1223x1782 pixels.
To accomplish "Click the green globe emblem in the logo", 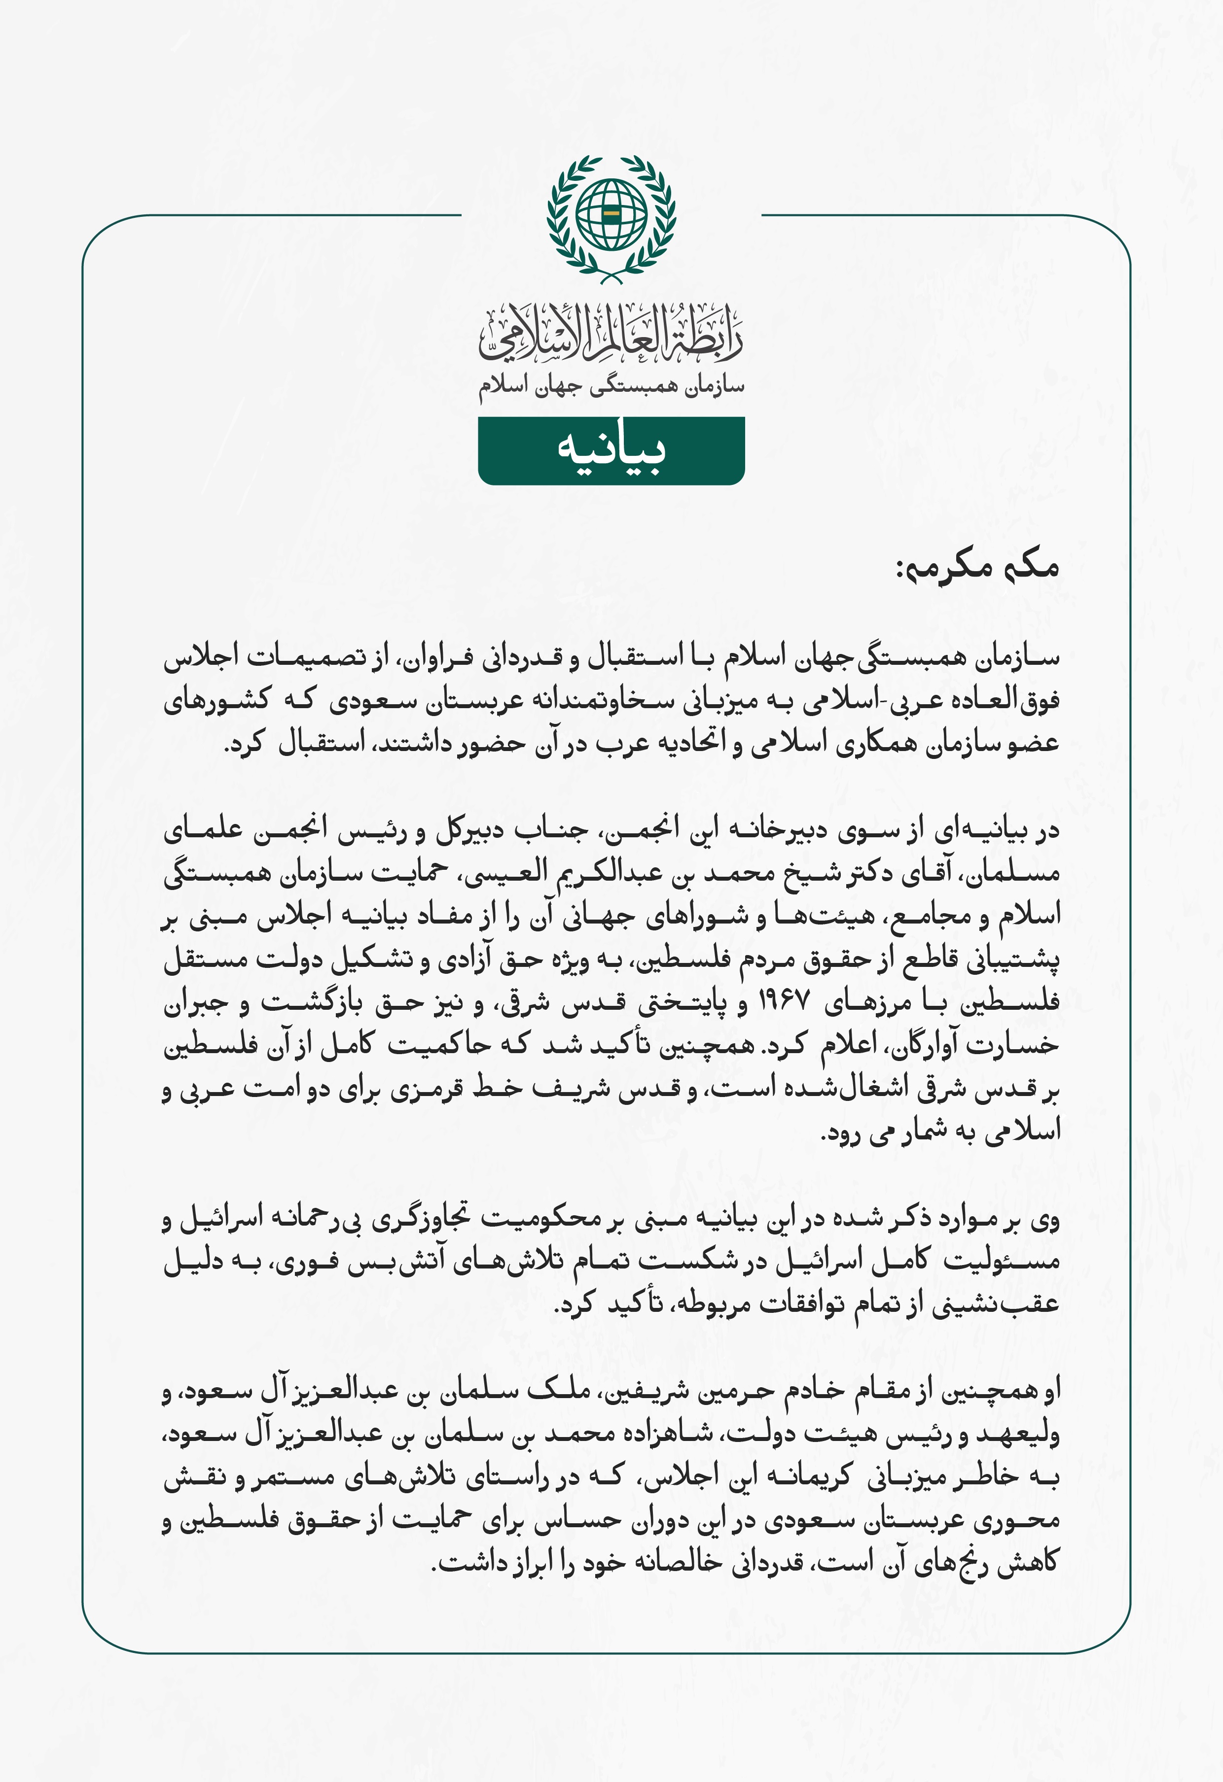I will pos(611,214).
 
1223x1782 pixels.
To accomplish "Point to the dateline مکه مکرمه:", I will pos(978,567).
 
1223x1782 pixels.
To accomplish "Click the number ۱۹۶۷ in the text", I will pos(784,1000).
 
